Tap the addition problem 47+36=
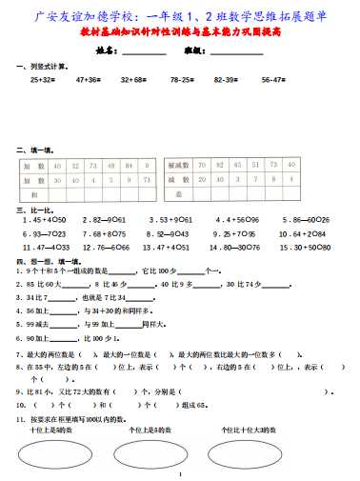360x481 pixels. tap(89, 81)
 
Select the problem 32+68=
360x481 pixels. tap(134, 81)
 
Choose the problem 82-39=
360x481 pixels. tap(227, 81)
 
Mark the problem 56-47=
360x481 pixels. tap(274, 81)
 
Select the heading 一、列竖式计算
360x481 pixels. tap(38, 68)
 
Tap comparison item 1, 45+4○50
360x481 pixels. tap(46, 219)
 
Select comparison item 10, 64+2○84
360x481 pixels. tap(305, 232)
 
